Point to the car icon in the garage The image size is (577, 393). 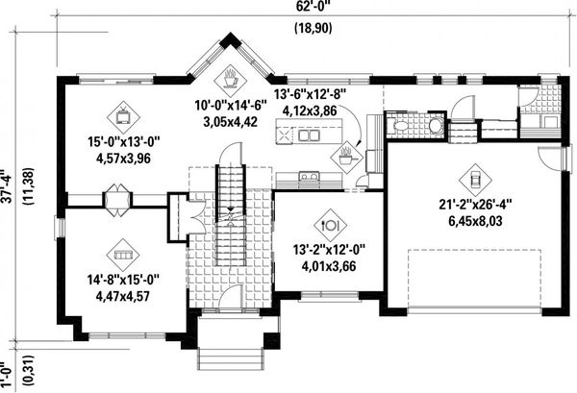(x=474, y=179)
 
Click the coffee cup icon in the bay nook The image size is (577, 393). (x=232, y=76)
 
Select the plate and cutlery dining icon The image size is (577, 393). (x=330, y=223)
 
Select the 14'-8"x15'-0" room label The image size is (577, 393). (x=121, y=281)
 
